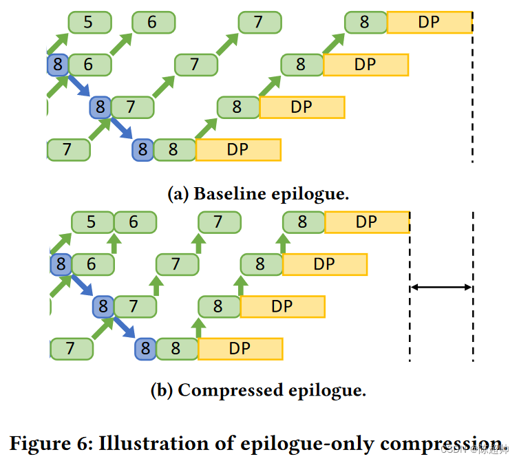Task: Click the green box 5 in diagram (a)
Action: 89,23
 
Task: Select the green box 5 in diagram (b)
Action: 92,222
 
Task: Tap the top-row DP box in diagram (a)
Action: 429,23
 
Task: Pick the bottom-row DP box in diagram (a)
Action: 238,150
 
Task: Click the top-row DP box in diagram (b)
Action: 367,222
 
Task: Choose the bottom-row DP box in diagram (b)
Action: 240,349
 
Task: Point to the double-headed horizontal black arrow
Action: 441,287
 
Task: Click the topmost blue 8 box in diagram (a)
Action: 57,65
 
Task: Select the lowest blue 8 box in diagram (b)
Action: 145,349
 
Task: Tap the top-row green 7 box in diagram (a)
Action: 259,23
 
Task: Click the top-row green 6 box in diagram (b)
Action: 135,222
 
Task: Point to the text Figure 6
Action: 47,442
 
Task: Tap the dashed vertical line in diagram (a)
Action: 473,96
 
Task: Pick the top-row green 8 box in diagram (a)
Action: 365,23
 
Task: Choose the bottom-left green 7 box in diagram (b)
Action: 71,349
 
